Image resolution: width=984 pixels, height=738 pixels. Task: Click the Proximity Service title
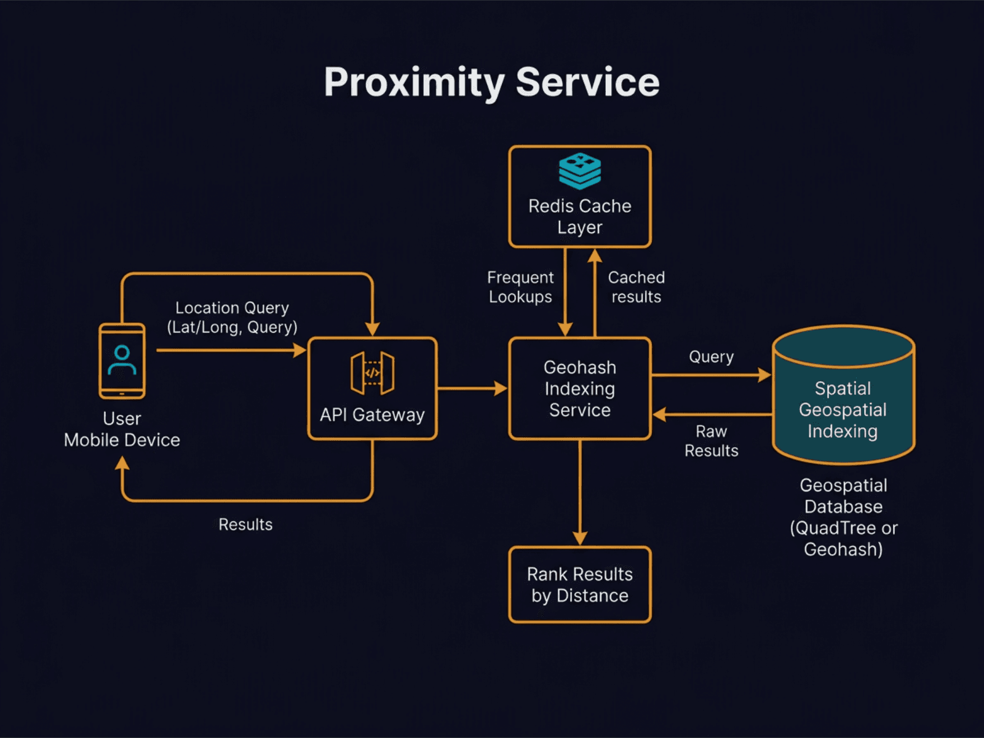491,82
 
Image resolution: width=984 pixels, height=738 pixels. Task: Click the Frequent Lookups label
520,287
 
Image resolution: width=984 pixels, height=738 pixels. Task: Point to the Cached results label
636,287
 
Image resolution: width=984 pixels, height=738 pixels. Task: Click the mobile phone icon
122,361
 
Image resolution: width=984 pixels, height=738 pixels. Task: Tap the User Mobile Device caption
122,429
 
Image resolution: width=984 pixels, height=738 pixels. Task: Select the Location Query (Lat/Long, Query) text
232,317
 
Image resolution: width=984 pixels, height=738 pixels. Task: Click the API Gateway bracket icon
372,373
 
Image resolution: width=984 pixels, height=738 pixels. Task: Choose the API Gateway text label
372,415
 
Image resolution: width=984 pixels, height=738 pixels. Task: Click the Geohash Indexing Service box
579,389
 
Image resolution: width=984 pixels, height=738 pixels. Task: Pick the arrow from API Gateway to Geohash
471,388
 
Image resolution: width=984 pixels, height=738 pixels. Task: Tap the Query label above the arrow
711,357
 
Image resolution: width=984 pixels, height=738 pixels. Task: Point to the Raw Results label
711,441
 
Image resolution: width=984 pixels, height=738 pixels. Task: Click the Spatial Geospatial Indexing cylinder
843,409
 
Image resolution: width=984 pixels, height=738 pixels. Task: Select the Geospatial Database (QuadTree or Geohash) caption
843,517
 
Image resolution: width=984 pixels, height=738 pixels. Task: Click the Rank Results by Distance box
579,585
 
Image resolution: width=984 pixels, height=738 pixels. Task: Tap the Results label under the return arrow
245,525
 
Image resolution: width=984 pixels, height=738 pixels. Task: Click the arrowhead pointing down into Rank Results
580,538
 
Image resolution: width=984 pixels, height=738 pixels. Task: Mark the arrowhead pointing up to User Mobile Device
122,463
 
